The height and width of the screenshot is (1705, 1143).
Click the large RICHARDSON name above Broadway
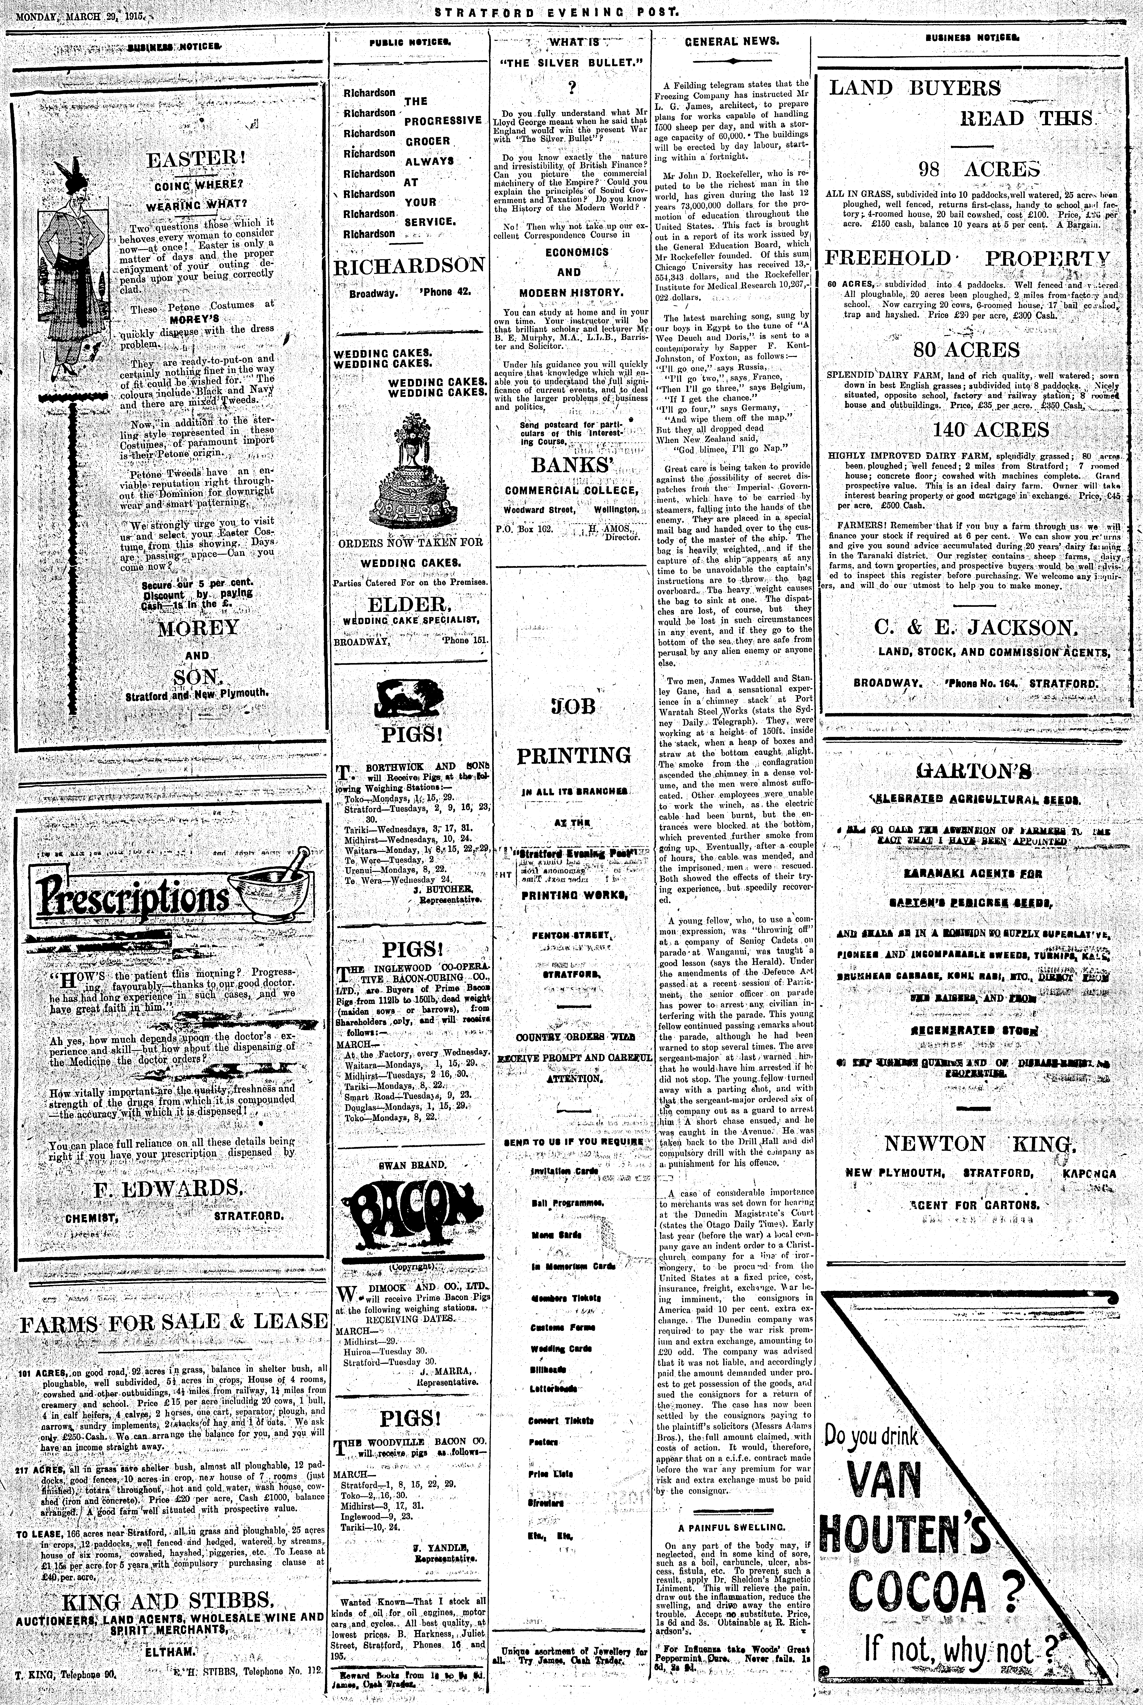coord(409,267)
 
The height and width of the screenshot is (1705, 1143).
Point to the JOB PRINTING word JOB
coord(572,706)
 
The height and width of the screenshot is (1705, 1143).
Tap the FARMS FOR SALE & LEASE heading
coord(173,1322)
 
